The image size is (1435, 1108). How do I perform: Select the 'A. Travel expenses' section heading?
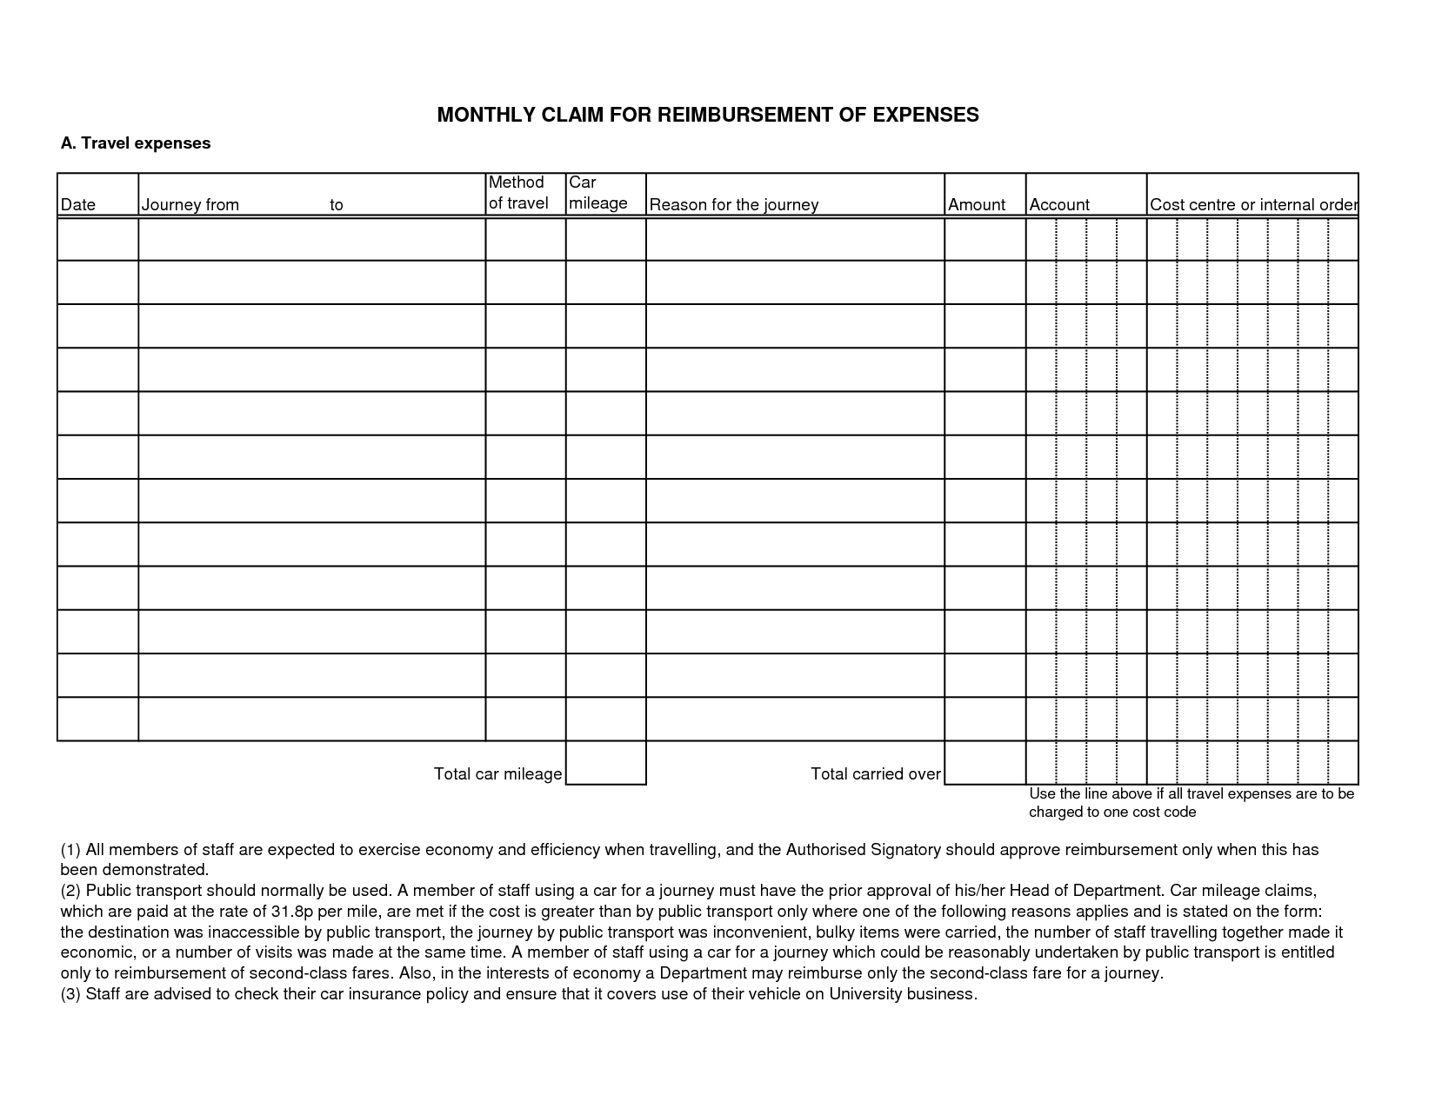click(x=136, y=143)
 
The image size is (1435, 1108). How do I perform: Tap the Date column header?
click(x=78, y=205)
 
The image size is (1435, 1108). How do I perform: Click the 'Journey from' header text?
click(x=190, y=205)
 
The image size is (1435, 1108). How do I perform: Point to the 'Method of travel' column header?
click(x=518, y=193)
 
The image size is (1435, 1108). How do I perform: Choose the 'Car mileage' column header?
click(x=598, y=193)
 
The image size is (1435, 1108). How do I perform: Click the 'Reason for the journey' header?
click(x=734, y=205)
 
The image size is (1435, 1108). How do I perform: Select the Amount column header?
click(x=977, y=205)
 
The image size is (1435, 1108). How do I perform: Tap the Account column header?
click(x=1059, y=205)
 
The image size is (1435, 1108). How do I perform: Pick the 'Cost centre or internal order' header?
click(x=1252, y=205)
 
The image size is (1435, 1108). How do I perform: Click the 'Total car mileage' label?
click(x=497, y=774)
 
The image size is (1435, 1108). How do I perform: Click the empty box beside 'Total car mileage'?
click(x=605, y=763)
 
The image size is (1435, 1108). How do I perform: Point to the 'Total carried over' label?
click(x=875, y=774)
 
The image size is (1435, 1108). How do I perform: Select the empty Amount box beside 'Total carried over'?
click(x=984, y=763)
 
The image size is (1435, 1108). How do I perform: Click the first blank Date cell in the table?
click(x=97, y=239)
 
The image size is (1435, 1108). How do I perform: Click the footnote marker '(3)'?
click(x=70, y=994)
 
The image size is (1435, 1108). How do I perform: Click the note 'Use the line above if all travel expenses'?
click(x=1191, y=794)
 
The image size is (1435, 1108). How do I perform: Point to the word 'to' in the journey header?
click(x=337, y=205)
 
